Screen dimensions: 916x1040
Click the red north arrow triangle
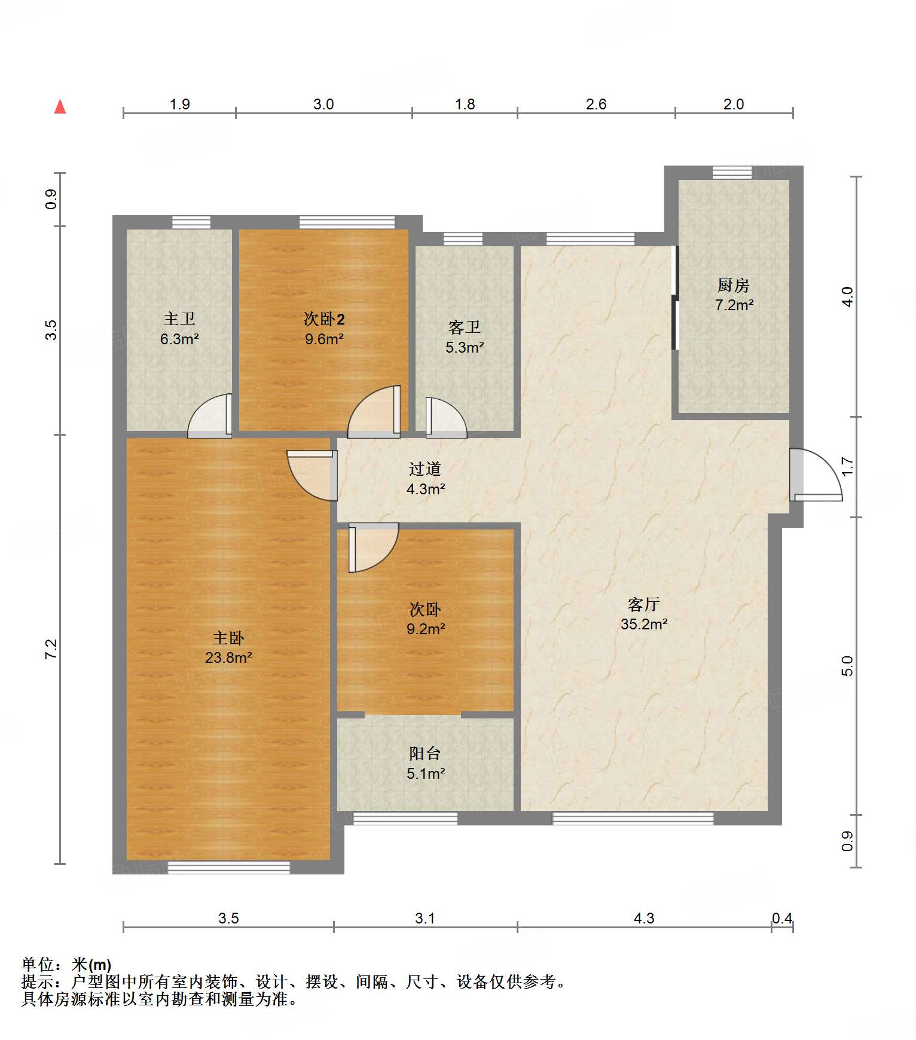60,106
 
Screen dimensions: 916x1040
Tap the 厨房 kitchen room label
734,285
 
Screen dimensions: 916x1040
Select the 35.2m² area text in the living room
644,624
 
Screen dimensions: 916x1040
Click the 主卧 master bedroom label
228,638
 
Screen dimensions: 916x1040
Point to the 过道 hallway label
425,469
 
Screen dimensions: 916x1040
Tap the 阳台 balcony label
425,754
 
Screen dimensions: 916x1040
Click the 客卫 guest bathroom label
465,327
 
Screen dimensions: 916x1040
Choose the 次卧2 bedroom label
324,319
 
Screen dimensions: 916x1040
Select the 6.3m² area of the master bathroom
179,339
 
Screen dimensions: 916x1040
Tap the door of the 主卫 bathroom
209,415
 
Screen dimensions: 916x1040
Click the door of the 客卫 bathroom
446,417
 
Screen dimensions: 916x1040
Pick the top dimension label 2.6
596,104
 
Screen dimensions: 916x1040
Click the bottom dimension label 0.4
782,918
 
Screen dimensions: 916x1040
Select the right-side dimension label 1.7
847,467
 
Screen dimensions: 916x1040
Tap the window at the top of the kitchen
732,172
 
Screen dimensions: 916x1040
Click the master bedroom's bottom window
228,867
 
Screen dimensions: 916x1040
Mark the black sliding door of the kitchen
675,298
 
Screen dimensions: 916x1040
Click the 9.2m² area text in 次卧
426,629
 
